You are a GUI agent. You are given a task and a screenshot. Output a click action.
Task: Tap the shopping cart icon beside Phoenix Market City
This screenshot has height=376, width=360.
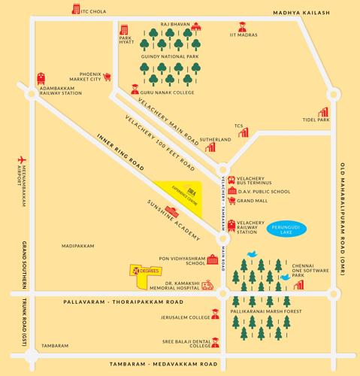point(107,76)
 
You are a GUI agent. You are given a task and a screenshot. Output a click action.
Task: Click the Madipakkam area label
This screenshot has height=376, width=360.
point(79,245)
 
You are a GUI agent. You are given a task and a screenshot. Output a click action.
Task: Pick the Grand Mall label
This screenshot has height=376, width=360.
point(253,202)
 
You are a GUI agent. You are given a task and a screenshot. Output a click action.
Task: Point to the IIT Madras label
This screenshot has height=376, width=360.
point(246,35)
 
